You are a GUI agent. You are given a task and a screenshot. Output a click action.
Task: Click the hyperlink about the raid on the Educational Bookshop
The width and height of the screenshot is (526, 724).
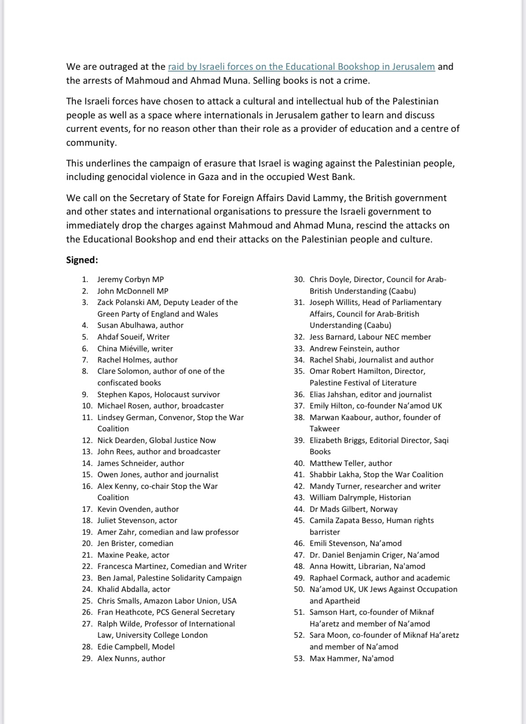pyautogui.click(x=301, y=67)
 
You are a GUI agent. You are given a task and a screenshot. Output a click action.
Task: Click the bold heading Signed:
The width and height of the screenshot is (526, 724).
pyautogui.click(x=82, y=260)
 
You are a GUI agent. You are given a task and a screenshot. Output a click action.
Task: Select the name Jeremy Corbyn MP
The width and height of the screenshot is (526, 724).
pyautogui.click(x=127, y=279)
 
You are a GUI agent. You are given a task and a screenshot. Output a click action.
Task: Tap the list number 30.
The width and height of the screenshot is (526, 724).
pyautogui.click(x=299, y=279)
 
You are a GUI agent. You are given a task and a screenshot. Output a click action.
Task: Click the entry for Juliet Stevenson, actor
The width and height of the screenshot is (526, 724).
pyautogui.click(x=137, y=520)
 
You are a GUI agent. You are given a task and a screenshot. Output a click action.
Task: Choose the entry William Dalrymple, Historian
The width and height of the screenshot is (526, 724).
pyautogui.click(x=360, y=497)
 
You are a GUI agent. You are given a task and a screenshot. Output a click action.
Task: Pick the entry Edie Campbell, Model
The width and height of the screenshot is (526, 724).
pyautogui.click(x=136, y=647)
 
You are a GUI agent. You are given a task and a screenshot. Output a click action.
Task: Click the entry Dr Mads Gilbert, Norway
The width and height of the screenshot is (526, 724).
pyautogui.click(x=353, y=509)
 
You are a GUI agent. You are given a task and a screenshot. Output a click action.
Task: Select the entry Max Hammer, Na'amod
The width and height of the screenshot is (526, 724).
pyautogui.click(x=352, y=658)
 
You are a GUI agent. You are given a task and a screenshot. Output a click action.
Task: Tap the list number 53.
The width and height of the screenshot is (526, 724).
pyautogui.click(x=299, y=658)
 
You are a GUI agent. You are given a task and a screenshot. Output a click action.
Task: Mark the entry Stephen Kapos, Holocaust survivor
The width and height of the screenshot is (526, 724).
pyautogui.click(x=159, y=394)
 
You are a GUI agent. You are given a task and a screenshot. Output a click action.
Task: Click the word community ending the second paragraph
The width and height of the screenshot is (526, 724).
pyautogui.click(x=90, y=143)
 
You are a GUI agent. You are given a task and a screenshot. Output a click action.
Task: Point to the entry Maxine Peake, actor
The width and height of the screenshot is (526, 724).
pyautogui.click(x=133, y=555)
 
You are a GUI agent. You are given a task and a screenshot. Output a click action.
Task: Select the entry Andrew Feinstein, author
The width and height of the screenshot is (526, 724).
pyautogui.click(x=354, y=349)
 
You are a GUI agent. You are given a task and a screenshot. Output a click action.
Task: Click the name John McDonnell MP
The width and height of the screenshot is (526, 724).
pyautogui.click(x=133, y=291)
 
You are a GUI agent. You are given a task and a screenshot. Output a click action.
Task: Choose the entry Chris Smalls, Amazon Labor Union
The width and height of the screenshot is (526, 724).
pyautogui.click(x=167, y=601)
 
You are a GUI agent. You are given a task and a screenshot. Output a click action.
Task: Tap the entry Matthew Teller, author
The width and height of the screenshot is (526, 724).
pyautogui.click(x=351, y=463)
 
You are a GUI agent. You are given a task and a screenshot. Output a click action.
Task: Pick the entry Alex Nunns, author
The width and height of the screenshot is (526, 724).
pyautogui.click(x=131, y=658)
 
